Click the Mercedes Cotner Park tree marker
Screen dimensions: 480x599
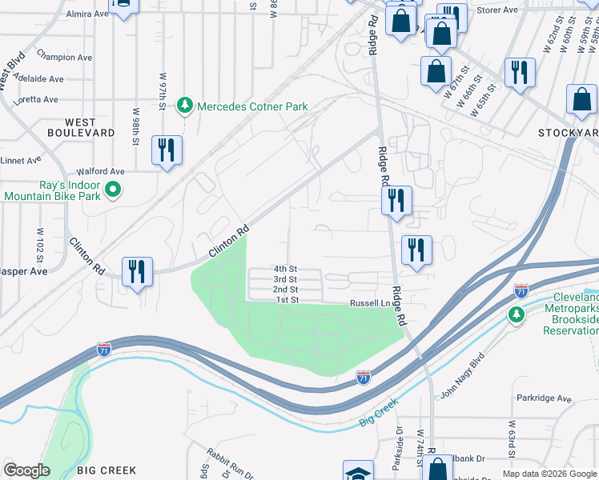pyautogui.click(x=186, y=106)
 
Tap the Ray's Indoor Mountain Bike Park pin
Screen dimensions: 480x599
pyautogui.click(x=114, y=190)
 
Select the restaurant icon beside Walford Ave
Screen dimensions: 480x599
pyautogui.click(x=167, y=150)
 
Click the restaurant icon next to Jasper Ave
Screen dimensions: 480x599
pyautogui.click(x=137, y=272)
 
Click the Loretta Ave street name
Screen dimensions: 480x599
pyautogui.click(x=35, y=100)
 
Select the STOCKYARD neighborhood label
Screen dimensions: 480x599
pyautogui.click(x=568, y=132)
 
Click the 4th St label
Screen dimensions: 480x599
pyautogui.click(x=285, y=269)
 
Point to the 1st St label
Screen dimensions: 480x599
pyautogui.click(x=287, y=300)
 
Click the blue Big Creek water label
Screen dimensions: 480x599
pyautogui.click(x=378, y=414)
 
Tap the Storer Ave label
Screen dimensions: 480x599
pyautogui.click(x=498, y=10)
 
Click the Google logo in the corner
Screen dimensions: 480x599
pyautogui.click(x=27, y=470)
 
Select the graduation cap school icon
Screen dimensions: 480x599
pyautogui.click(x=357, y=473)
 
